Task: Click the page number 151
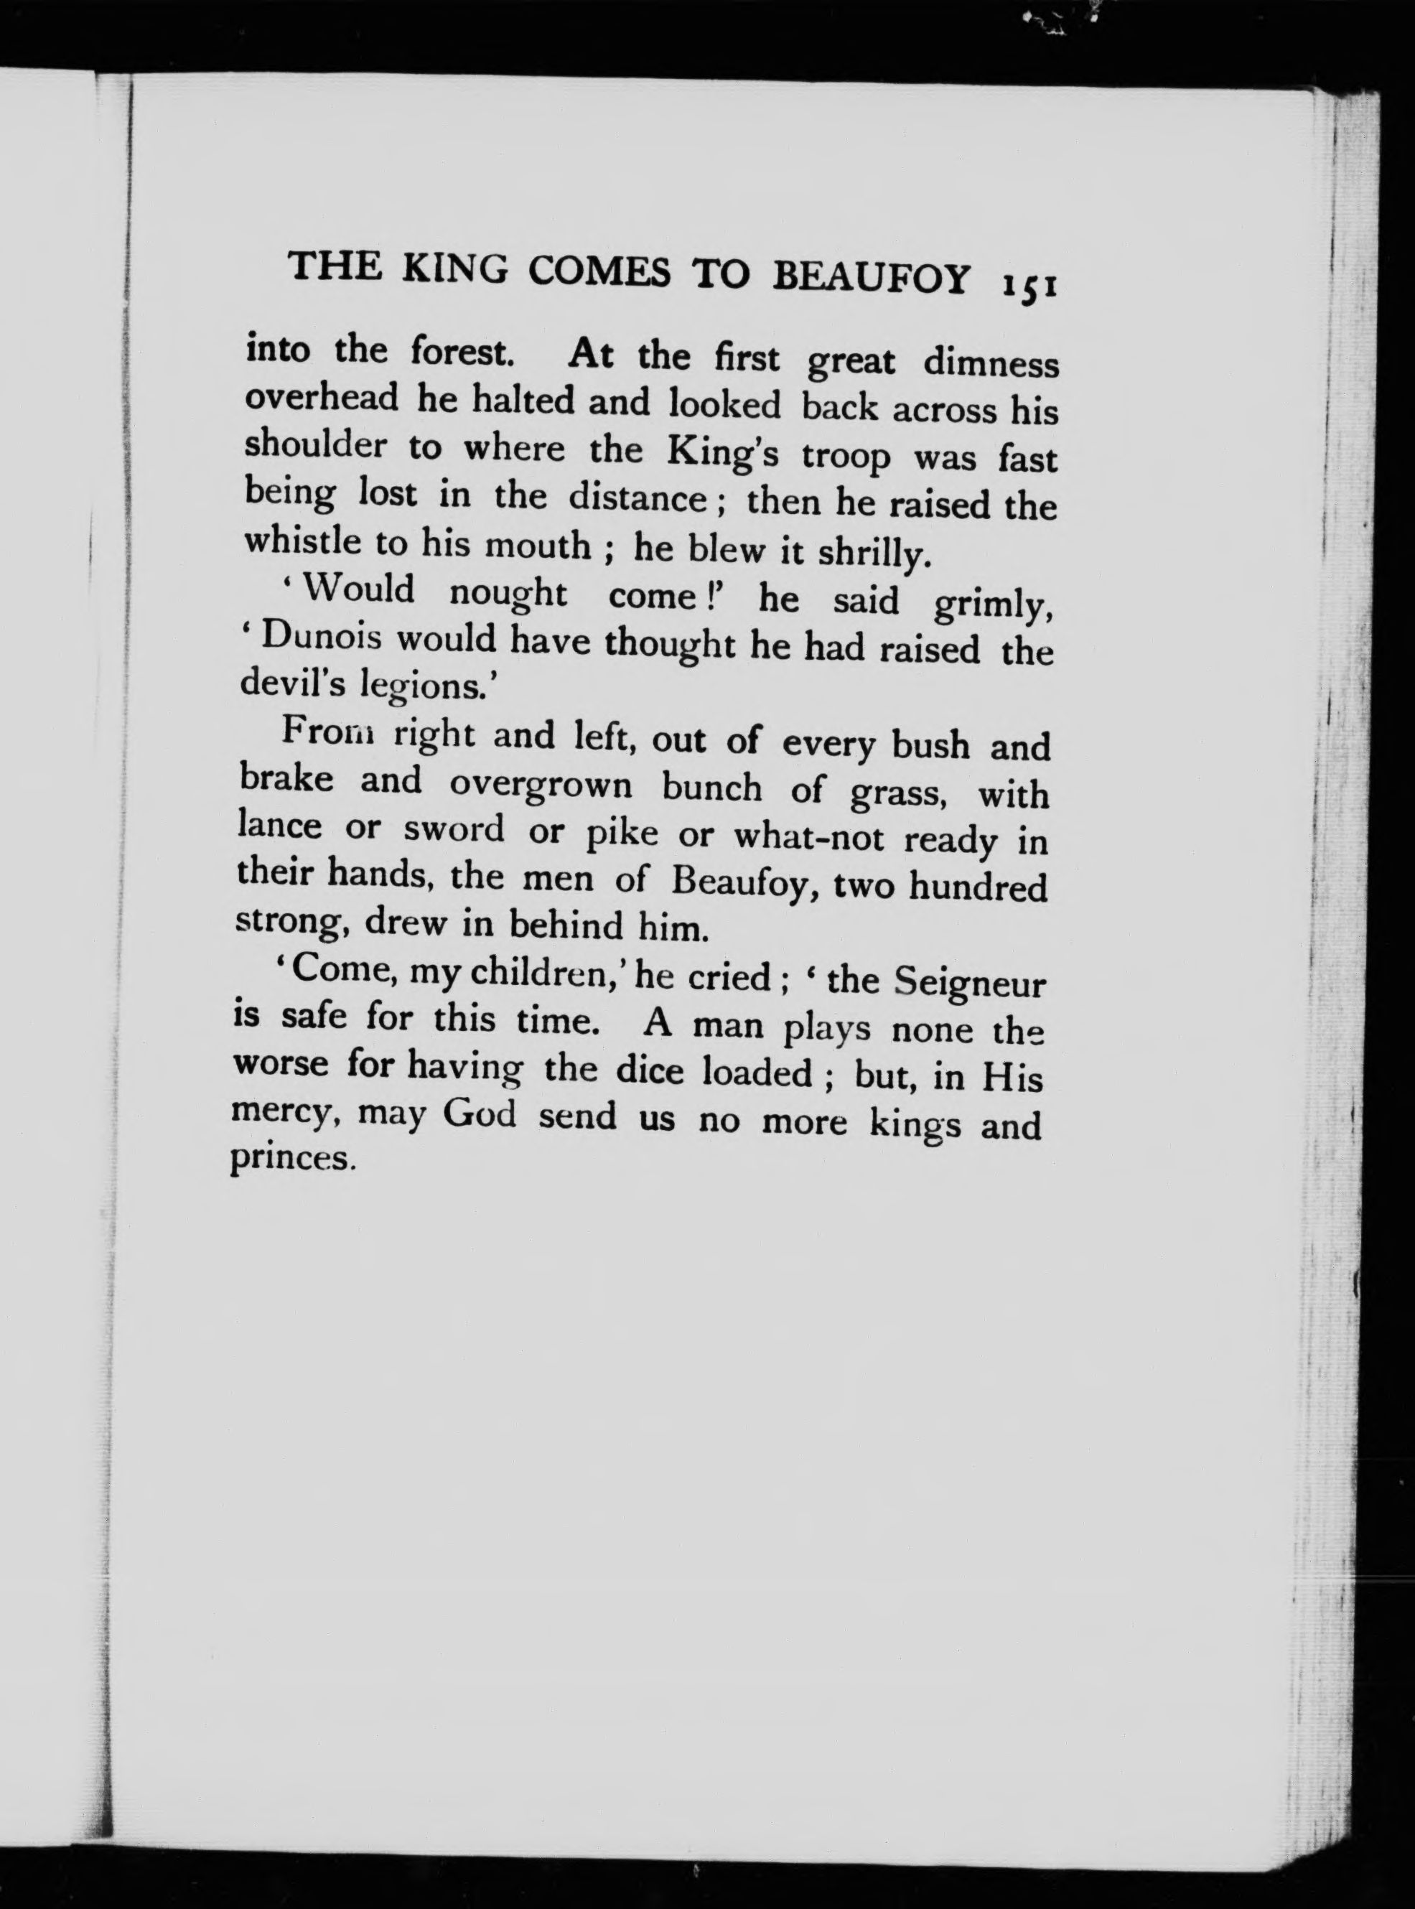[x=1029, y=285]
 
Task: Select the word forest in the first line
[x=461, y=351]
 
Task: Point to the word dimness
[x=990, y=363]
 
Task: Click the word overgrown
[x=541, y=784]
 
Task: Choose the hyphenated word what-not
[x=808, y=836]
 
